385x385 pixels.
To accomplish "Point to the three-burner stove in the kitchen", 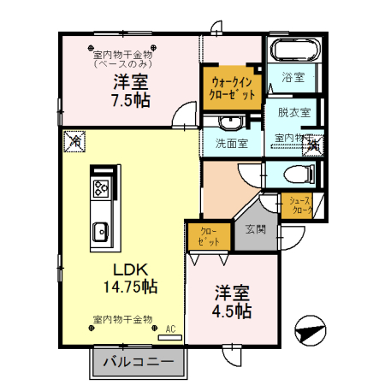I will (x=100, y=189).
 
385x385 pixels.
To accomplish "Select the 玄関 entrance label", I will (x=255, y=229).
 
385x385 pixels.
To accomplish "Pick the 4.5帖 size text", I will (x=232, y=311).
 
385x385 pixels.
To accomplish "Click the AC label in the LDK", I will (x=169, y=329).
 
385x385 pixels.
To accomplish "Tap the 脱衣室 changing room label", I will (x=293, y=111).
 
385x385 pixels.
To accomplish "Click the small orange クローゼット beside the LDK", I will (x=208, y=236).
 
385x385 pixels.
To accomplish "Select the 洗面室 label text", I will (x=231, y=143).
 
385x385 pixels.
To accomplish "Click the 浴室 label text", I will (x=294, y=77).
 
